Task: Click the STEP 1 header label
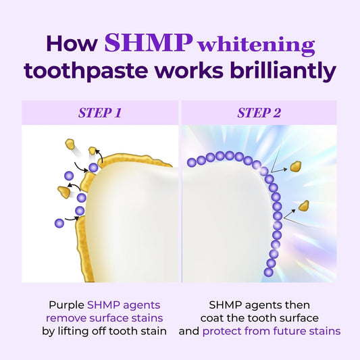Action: pos(99,113)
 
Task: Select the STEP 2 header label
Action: pos(259,113)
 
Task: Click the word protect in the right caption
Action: pos(224,331)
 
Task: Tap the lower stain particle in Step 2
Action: pos(304,205)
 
